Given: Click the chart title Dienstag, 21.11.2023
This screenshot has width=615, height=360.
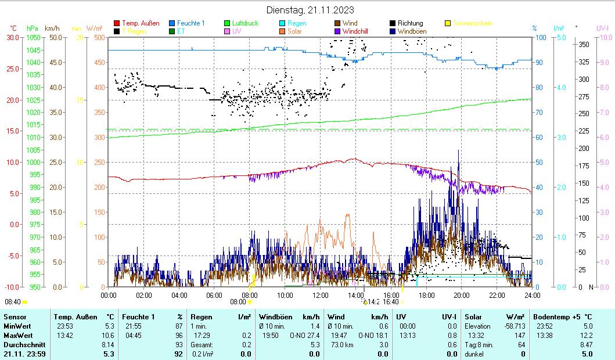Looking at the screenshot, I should click(x=310, y=10).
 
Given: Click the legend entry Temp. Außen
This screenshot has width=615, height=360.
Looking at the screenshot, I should click(x=141, y=23).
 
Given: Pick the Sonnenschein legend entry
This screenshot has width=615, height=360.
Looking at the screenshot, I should click(x=472, y=23).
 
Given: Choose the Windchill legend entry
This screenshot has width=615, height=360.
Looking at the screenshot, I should click(x=358, y=31).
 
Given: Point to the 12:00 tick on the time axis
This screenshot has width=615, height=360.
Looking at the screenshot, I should click(x=321, y=295).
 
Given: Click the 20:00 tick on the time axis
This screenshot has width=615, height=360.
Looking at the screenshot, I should click(x=462, y=295).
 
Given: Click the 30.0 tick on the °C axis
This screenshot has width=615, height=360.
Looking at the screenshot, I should click(x=13, y=37).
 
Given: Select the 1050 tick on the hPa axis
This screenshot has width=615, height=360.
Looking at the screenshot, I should click(x=33, y=37).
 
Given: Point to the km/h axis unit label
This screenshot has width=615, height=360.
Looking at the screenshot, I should click(x=52, y=28).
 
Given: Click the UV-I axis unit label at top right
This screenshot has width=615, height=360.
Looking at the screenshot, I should click(x=602, y=28).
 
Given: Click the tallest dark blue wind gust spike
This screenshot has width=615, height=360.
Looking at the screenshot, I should click(x=459, y=151).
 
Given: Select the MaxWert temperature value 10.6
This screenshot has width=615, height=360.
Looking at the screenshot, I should click(x=108, y=335).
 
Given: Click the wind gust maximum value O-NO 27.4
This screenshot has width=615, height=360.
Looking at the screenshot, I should click(x=305, y=335).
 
